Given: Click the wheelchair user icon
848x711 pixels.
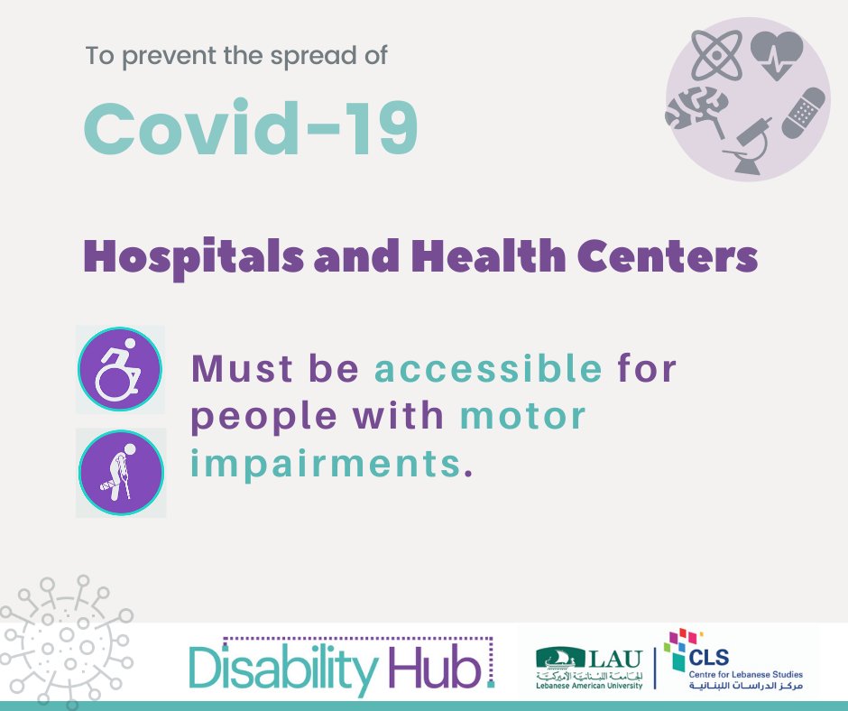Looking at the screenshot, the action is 119,369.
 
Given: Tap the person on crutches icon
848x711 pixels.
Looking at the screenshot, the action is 121,473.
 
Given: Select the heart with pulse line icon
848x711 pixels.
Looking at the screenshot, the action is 777,55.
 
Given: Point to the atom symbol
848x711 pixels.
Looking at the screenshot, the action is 717,55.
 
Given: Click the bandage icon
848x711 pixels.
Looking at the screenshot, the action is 804,113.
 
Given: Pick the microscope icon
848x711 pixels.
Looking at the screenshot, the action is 746,145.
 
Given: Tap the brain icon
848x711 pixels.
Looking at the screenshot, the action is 697,110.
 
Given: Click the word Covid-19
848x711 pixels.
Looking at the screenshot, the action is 251,128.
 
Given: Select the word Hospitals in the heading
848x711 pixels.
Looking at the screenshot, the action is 193,256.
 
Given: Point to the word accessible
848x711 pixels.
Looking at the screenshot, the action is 488,369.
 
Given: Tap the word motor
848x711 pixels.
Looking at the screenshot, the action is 523,417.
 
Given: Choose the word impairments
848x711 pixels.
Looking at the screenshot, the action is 326,465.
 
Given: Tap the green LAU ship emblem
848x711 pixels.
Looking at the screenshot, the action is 560,658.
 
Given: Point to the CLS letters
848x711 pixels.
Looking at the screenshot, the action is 708,658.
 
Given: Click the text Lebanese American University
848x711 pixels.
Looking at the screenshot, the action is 589,686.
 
